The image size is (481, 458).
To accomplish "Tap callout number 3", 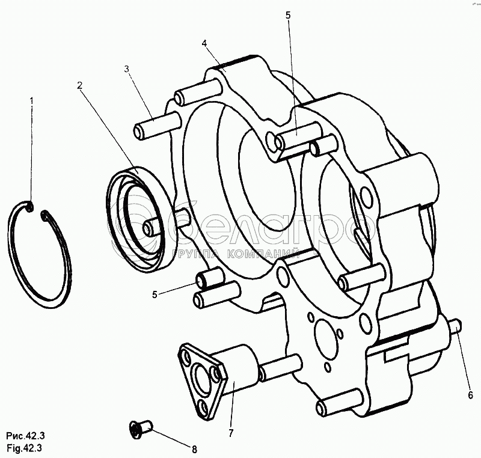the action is point(127,69).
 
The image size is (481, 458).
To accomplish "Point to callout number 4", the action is point(204,44).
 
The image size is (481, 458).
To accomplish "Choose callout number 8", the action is point(194,448).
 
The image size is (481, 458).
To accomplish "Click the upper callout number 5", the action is point(288,16).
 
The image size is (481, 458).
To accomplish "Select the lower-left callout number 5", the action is point(155,295).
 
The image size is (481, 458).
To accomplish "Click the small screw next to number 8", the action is point(141,428).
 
